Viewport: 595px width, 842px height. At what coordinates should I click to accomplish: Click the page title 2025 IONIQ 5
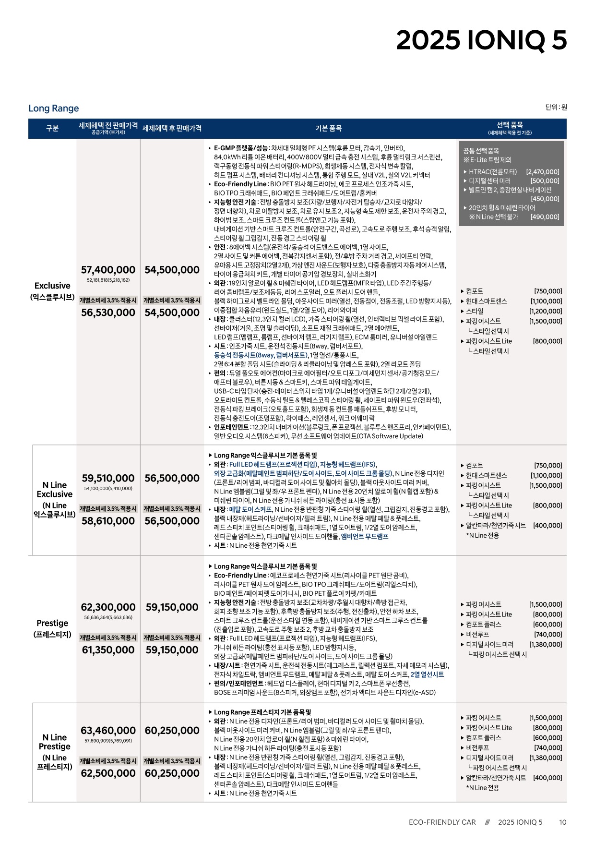pos(481,40)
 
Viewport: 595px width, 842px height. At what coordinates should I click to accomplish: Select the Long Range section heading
pos(53,108)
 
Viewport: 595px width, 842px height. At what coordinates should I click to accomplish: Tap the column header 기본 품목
pos(328,128)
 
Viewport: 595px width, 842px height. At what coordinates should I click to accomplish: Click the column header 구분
pos(52,128)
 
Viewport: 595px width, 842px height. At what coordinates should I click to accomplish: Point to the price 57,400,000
pos(108,270)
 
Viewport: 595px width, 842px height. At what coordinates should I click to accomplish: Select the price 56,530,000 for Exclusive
pos(108,313)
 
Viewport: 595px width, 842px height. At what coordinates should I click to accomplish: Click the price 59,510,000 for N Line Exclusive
pos(108,478)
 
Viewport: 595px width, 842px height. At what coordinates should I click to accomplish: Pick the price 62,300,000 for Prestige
pos(108,607)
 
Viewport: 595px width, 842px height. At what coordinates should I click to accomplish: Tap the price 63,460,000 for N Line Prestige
pos(108,731)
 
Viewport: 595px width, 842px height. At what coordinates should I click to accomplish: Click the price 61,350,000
pos(108,650)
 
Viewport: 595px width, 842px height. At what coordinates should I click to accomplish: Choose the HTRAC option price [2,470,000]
pos(542,172)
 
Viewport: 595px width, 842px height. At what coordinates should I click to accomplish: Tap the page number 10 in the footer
pos(562,822)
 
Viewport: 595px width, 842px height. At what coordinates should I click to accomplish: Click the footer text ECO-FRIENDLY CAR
pos(442,822)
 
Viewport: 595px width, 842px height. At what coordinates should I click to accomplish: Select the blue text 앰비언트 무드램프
pos(365,537)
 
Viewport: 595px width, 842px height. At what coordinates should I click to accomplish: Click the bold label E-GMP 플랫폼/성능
pos(240,148)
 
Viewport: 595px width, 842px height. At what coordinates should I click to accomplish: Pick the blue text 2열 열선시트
pos(427,674)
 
